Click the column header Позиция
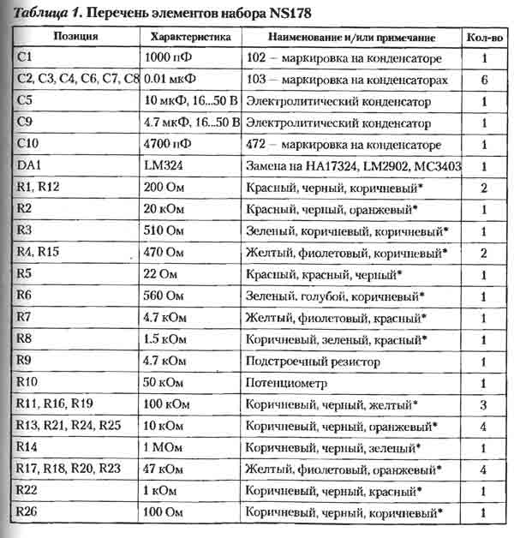pos(75,38)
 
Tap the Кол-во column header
pos(484,38)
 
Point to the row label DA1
pos(30,166)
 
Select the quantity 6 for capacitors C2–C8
pos(484,81)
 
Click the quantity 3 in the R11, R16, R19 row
pos(484,404)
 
